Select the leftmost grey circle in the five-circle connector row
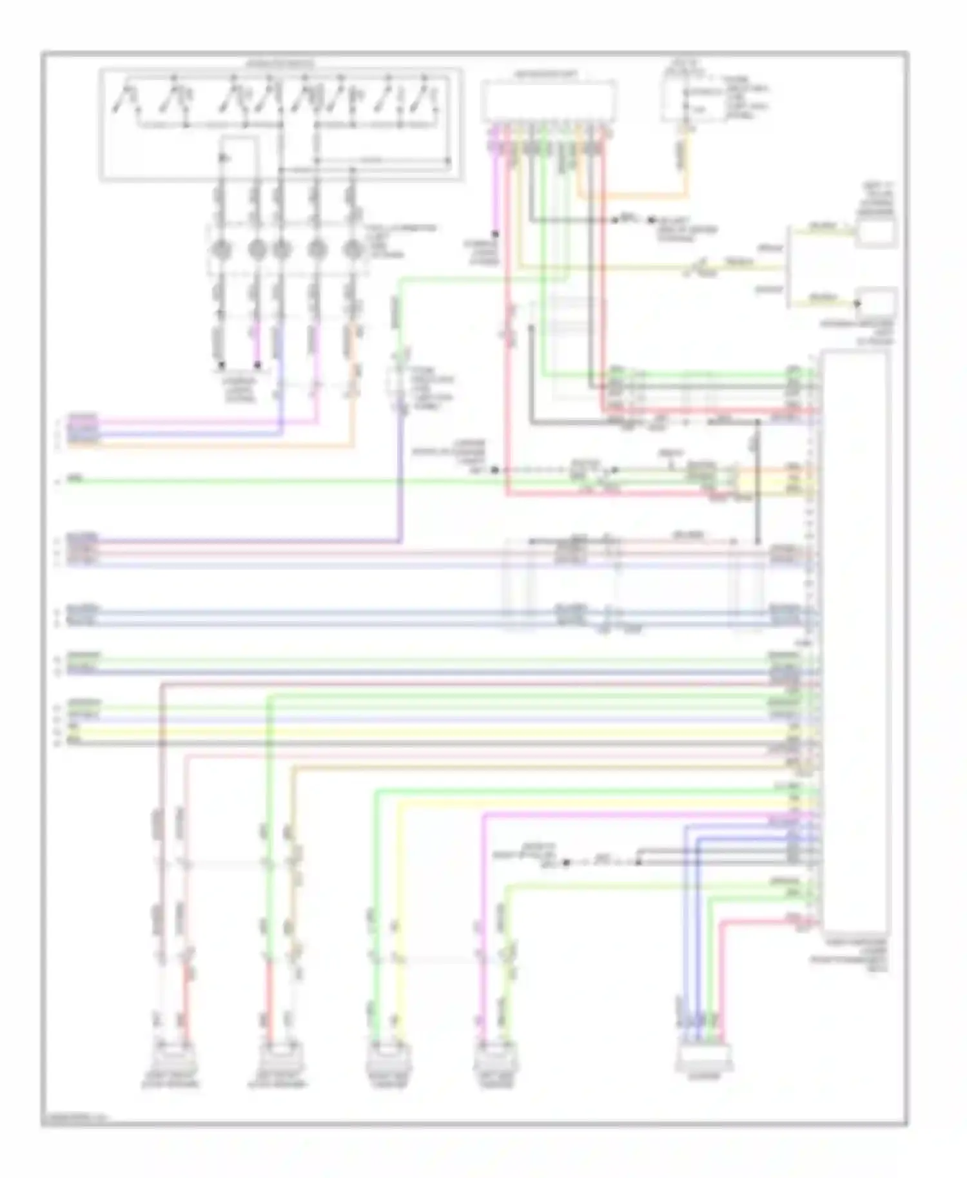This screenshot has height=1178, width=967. point(221,248)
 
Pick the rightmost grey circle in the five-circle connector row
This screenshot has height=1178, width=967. point(352,248)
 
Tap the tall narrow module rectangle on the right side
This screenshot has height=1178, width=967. point(855,638)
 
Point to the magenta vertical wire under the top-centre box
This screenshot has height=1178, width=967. point(495,187)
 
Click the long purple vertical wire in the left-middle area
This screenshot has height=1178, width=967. point(400,477)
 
